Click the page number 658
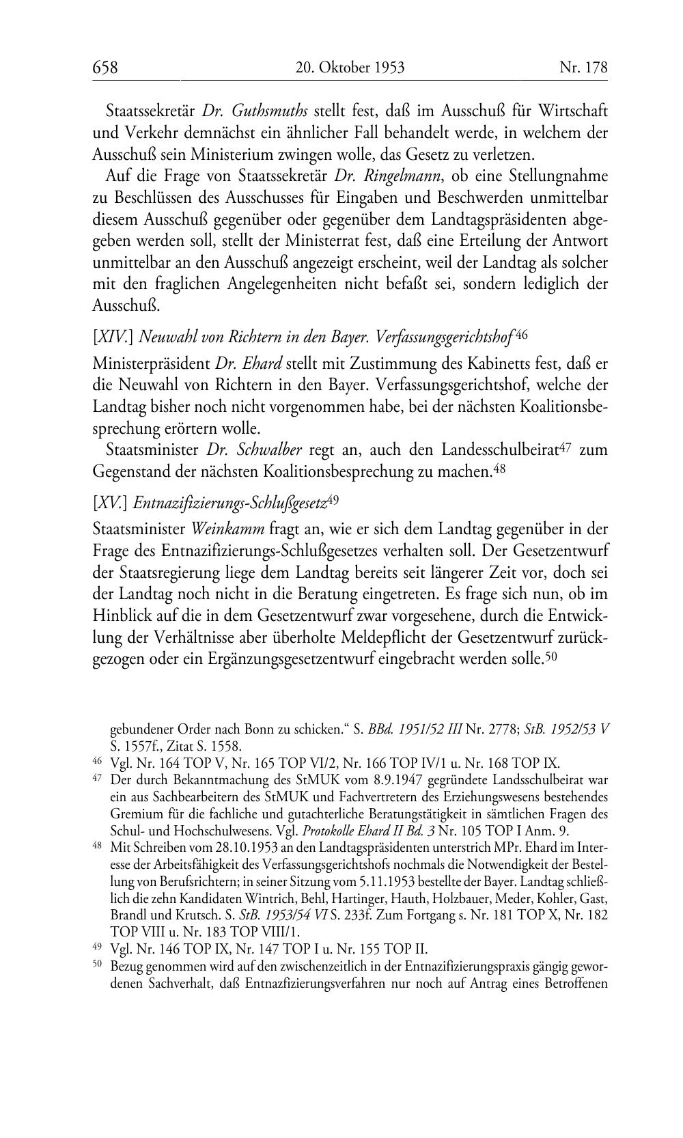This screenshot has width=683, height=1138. (x=105, y=68)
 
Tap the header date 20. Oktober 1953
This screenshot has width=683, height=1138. (x=350, y=68)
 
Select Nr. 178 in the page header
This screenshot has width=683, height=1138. (x=583, y=68)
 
